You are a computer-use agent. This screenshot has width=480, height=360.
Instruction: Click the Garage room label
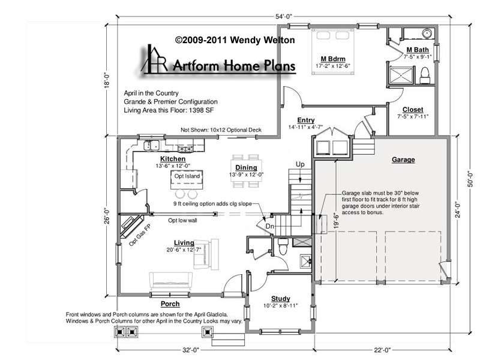tap(403, 160)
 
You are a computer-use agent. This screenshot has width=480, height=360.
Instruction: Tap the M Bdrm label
tap(333, 59)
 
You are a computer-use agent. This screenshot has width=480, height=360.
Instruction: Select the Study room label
tap(280, 298)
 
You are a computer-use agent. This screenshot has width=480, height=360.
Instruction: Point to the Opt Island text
tap(187, 176)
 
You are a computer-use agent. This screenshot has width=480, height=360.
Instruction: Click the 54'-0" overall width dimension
tap(284, 17)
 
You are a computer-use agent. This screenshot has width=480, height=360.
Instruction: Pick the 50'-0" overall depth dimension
tap(471, 179)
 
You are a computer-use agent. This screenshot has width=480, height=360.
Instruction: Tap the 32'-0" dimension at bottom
tap(191, 350)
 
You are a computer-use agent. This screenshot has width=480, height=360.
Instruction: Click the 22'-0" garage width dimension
tap(382, 350)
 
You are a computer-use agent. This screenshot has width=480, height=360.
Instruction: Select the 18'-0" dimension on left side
tap(107, 80)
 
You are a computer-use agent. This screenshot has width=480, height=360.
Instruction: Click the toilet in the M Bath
tap(425, 76)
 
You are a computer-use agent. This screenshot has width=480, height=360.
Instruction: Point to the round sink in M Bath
tap(427, 33)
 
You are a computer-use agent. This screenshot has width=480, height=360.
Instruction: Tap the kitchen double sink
tap(151, 145)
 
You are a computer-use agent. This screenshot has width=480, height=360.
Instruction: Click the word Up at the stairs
tap(300, 164)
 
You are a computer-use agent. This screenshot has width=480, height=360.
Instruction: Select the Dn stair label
tap(269, 227)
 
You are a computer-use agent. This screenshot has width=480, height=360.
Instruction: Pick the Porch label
tap(170, 304)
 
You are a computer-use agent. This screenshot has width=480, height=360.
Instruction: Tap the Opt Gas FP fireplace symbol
tap(131, 226)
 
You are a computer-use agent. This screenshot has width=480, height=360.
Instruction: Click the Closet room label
tap(413, 110)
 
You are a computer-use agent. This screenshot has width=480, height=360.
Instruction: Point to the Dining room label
tap(246, 167)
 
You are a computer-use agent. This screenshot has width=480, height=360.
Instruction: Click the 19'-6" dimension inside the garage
tap(337, 221)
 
